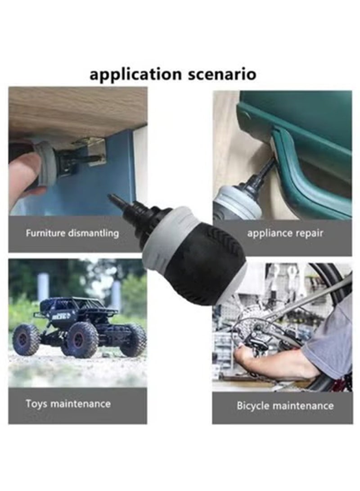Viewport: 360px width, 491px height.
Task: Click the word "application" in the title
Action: click(135, 75)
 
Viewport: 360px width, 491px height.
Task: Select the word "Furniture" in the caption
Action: click(45, 233)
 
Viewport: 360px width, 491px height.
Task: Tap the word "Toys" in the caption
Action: click(36, 403)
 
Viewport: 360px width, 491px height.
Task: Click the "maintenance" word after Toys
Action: click(81, 404)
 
